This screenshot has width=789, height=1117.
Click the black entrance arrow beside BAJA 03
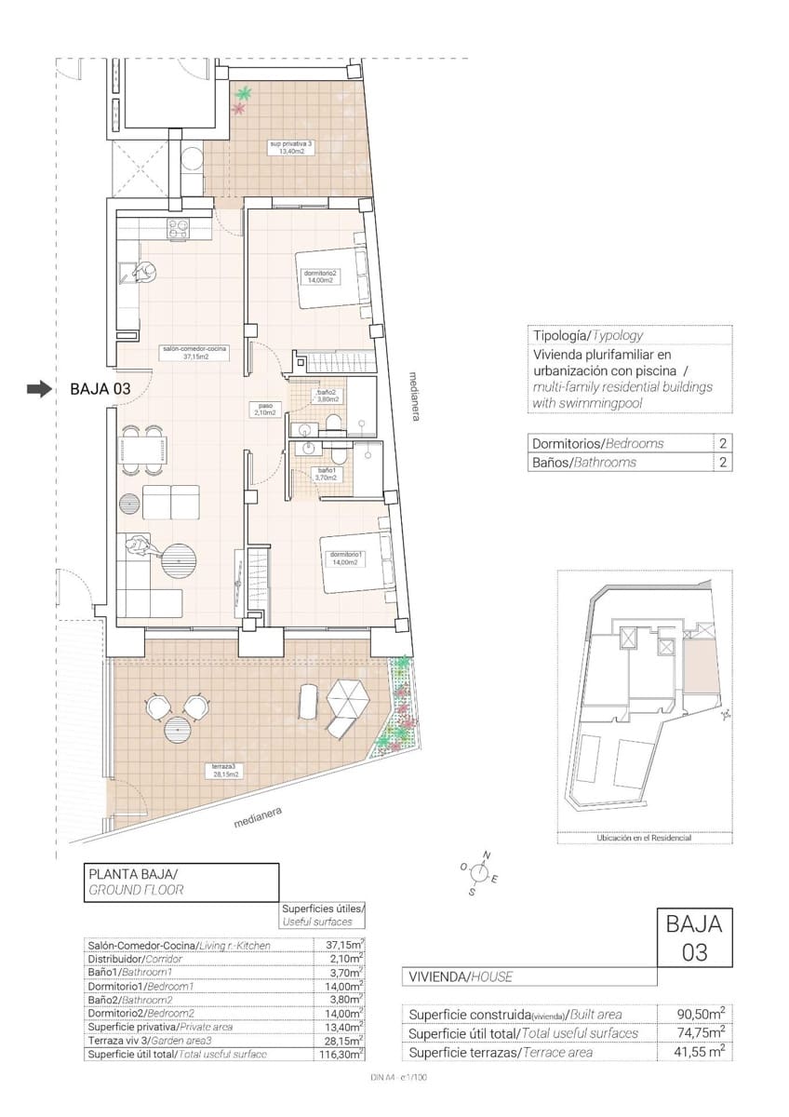tap(38, 390)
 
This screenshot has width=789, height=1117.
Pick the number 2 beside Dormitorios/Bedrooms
tap(722, 443)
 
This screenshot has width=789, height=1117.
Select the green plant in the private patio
tap(245, 93)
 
